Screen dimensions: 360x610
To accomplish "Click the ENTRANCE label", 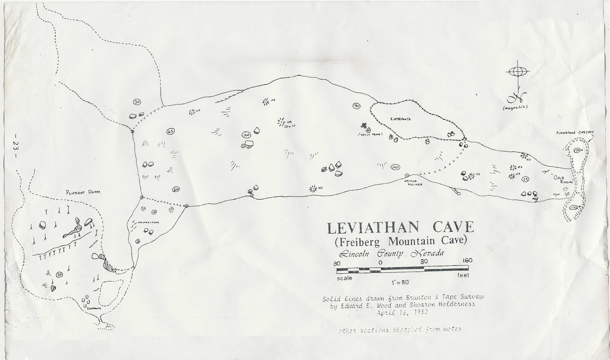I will tap(400, 119).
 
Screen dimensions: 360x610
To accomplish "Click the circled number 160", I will tap(246, 135).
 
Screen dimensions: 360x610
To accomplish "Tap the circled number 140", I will tap(395, 167).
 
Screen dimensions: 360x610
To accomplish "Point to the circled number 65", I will tap(170, 132).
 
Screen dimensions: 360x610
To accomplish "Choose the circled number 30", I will tap(137, 102).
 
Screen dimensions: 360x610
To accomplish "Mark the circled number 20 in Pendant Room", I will tap(59, 275).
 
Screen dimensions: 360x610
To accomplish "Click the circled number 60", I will tap(176, 189).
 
